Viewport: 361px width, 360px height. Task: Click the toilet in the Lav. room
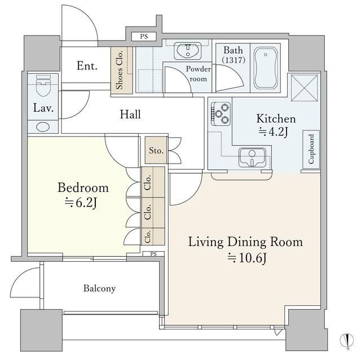click(x=43, y=86)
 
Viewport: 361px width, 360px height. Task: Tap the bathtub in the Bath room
click(x=266, y=68)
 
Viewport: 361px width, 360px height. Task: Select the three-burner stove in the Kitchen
click(x=221, y=114)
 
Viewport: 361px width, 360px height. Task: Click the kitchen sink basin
click(x=252, y=157)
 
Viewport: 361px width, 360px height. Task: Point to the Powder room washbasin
click(x=187, y=51)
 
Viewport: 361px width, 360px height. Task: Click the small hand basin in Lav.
click(x=43, y=127)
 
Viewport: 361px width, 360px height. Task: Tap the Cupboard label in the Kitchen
click(x=311, y=149)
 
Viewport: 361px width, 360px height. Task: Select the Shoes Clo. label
click(x=120, y=70)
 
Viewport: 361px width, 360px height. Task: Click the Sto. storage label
click(x=156, y=151)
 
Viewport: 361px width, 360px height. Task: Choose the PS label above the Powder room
click(x=144, y=36)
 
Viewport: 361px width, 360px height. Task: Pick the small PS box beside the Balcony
click(x=153, y=254)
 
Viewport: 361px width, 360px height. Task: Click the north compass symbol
click(x=346, y=340)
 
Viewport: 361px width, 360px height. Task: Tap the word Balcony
click(x=99, y=288)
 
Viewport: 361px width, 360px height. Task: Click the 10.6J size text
click(x=247, y=258)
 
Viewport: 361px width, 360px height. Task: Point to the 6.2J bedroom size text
click(x=81, y=203)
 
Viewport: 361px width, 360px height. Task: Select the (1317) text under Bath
click(x=234, y=60)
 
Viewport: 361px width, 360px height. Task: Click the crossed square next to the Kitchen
click(x=304, y=88)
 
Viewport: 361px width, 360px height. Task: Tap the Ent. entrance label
click(x=87, y=66)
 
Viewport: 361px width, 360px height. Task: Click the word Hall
click(x=130, y=115)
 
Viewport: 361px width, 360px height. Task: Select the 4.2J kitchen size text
click(x=273, y=131)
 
